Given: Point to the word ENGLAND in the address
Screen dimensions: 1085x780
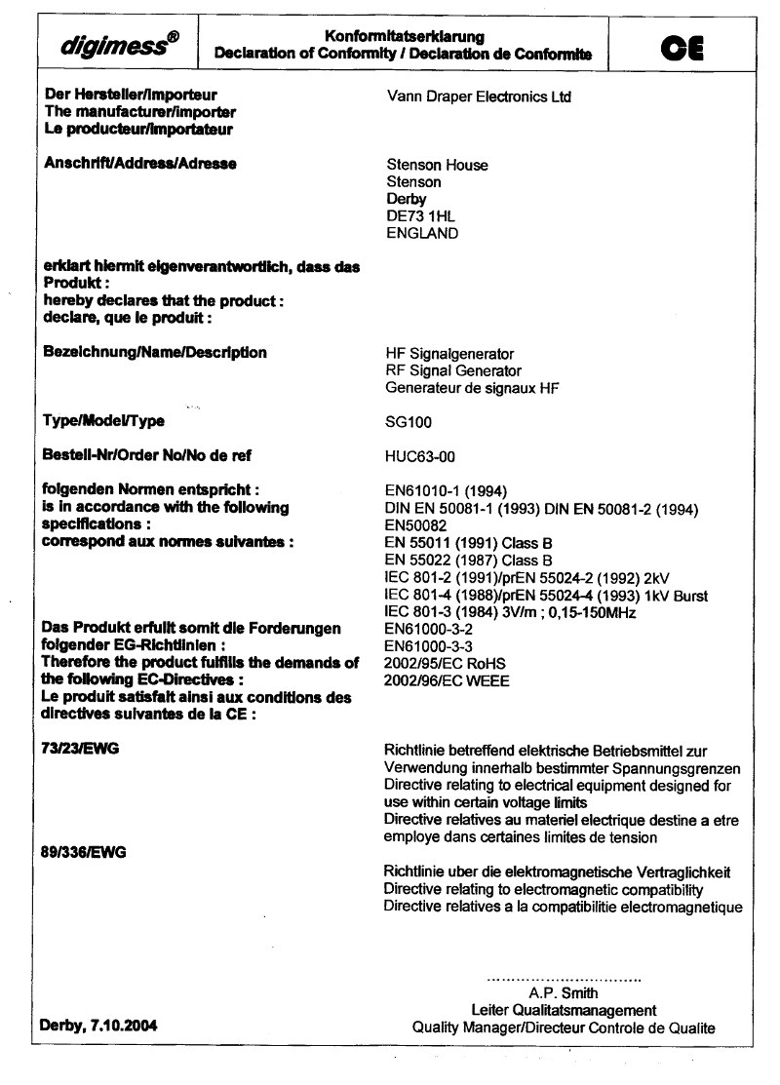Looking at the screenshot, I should (x=423, y=234).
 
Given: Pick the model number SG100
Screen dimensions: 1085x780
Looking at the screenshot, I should (x=409, y=423).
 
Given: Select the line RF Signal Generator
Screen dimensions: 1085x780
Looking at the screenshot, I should (x=453, y=370).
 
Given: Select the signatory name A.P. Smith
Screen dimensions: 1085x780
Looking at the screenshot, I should (x=564, y=994).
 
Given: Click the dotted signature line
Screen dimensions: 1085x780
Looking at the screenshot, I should (x=564, y=979).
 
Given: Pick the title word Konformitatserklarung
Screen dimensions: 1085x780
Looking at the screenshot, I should (x=404, y=36).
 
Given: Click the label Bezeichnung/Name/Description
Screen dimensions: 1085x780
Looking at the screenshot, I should (x=156, y=352).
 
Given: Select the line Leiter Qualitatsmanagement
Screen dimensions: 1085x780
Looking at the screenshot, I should (x=564, y=1011).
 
